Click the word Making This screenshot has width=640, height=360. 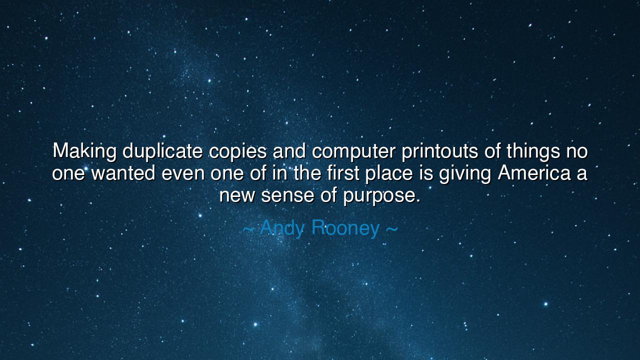tap(85, 151)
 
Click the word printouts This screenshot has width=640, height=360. tap(440, 151)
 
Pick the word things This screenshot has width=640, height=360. tap(533, 151)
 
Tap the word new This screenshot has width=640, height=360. tap(237, 195)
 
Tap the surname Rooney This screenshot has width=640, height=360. tap(345, 228)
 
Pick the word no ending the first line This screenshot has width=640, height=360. tap(576, 151)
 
